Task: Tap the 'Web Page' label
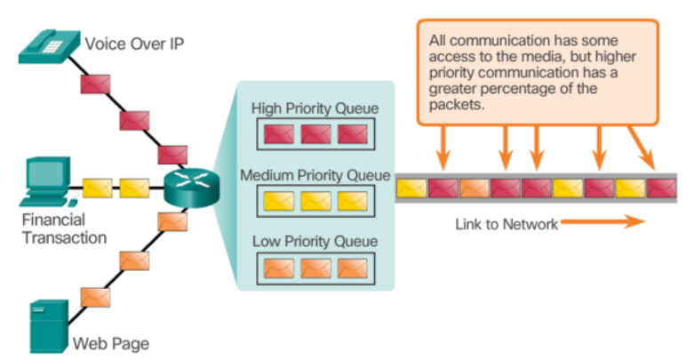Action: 110,343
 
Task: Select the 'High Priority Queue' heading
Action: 315,109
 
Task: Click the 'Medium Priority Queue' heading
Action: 315,175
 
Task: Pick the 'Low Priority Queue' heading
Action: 315,241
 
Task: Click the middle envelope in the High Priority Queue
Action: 315,134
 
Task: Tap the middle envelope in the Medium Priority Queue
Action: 315,201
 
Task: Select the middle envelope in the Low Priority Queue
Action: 315,267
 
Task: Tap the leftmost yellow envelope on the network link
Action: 411,188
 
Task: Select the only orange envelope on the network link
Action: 474,188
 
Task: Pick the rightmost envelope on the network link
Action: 661,188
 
